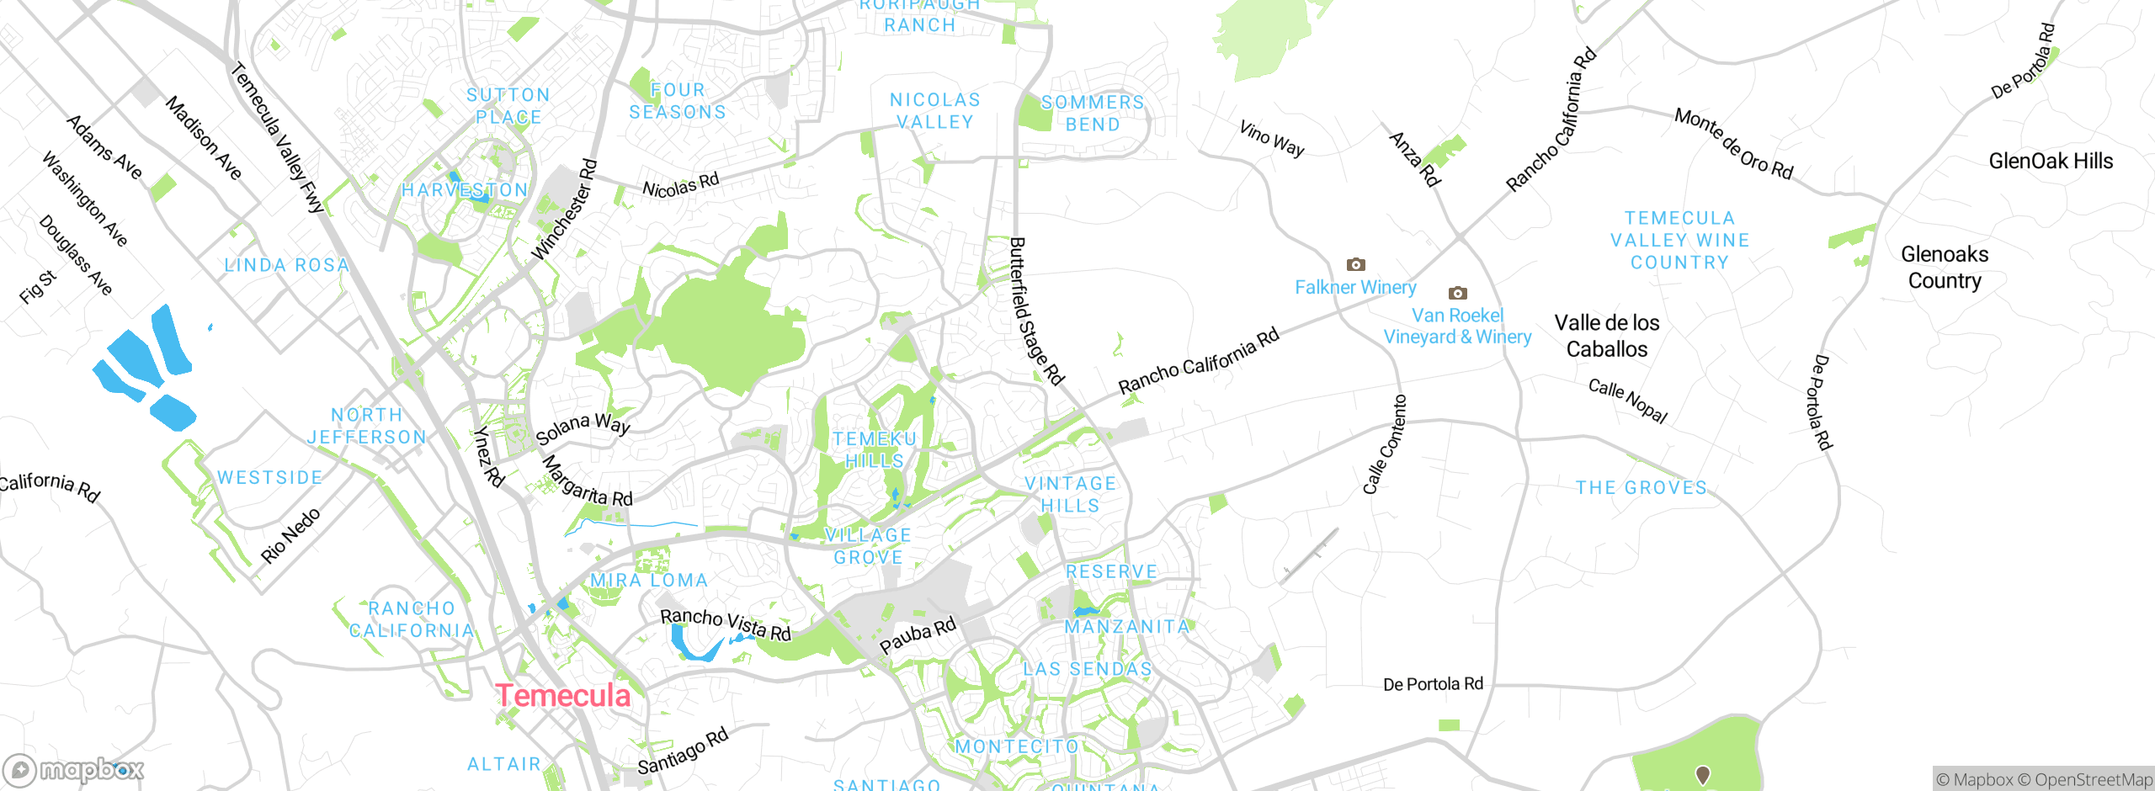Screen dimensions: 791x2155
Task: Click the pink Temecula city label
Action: point(562,696)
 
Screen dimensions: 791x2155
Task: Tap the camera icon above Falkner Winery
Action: point(1355,264)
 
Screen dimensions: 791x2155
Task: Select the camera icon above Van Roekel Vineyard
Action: point(1458,293)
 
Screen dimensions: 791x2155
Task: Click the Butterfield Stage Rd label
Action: point(1036,311)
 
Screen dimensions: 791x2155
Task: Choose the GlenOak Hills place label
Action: point(2051,161)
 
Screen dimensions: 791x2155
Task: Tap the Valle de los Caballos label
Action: point(1606,336)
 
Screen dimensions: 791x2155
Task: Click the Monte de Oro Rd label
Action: point(1733,144)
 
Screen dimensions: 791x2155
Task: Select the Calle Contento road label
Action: point(1384,444)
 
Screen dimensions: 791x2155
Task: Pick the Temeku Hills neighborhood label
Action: point(875,450)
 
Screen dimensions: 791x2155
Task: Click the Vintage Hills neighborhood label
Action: point(1070,495)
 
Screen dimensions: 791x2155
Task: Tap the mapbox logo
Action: point(74,770)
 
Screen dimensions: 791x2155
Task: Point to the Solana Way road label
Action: point(583,427)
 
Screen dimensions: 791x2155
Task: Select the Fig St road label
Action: point(38,287)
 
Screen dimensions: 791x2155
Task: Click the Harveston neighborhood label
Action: point(465,190)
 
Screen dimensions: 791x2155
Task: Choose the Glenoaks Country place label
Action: point(1945,267)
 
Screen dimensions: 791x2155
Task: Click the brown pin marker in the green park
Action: point(1702,774)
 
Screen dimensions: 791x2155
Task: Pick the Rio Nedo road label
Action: point(290,535)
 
